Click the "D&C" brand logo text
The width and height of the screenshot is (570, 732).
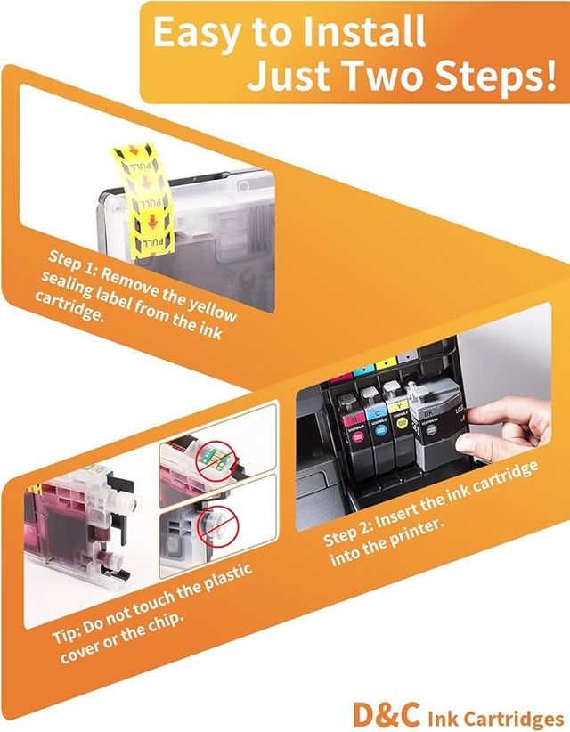click(x=382, y=715)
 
